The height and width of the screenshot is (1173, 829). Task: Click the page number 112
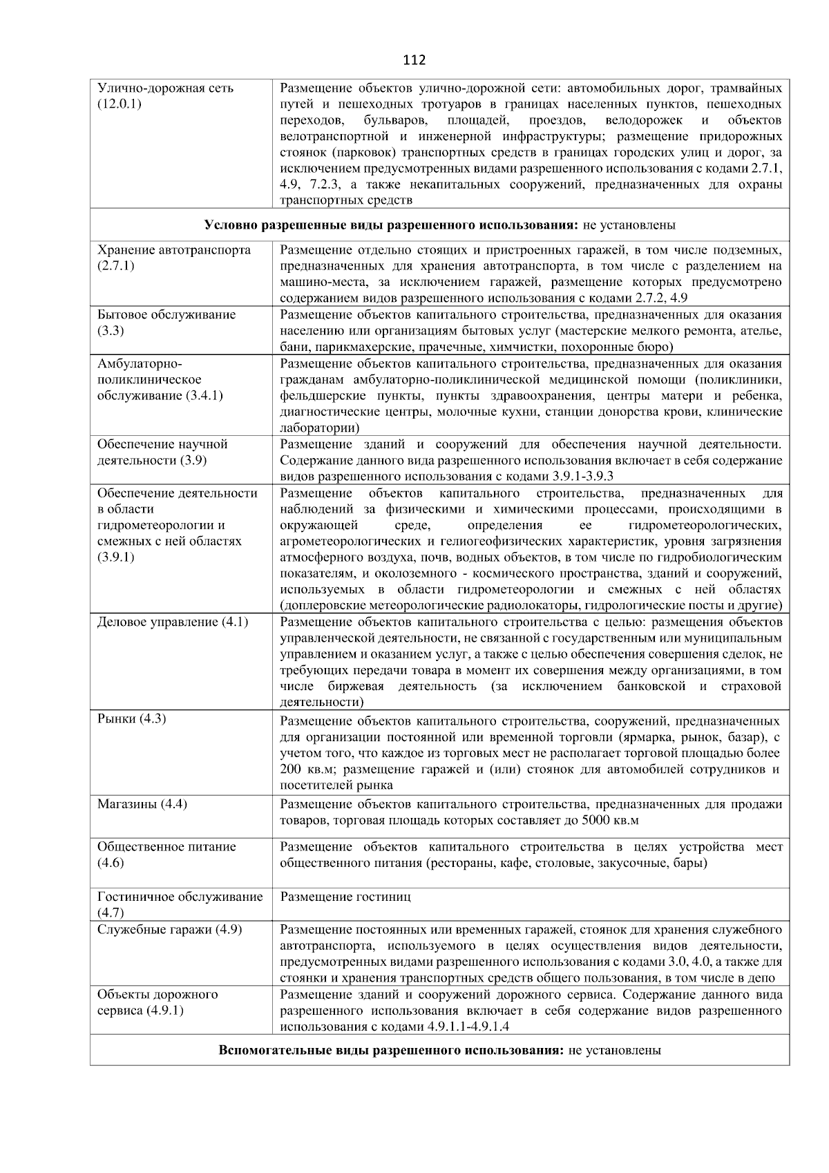pos(414,60)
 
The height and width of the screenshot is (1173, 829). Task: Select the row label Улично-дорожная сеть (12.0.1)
pos(166,96)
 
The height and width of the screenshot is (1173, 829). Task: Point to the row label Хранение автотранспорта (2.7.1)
pos(174,258)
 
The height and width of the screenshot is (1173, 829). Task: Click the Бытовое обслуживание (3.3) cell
pos(166,323)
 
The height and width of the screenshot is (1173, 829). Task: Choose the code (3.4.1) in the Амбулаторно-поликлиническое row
pos(204,396)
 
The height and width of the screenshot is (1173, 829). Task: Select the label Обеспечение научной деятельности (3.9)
pos(163,452)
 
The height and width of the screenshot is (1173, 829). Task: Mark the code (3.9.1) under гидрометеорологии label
pos(116,557)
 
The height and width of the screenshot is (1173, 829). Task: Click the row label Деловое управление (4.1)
pos(173,622)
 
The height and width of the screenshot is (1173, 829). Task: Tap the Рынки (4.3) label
pos(131,719)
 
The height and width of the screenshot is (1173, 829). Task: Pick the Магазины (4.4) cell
pos(142,804)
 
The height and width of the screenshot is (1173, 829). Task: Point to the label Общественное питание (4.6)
pos(166,855)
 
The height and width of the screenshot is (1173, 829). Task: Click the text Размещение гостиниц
pos(345,897)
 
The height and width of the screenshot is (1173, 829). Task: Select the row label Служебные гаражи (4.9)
pos(170,930)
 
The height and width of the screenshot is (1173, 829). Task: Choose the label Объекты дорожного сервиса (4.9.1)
pos(158,1002)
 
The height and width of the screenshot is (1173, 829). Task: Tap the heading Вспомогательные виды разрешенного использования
pos(392,1051)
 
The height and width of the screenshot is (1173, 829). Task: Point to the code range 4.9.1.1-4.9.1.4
pos(468,1027)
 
